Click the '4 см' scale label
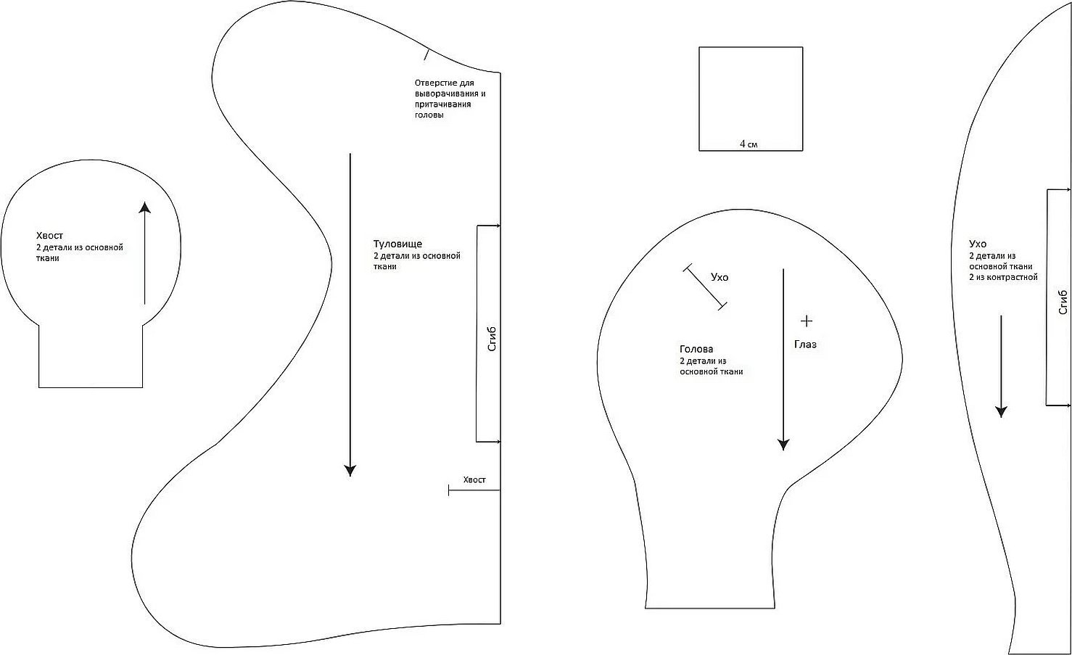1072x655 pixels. (749, 144)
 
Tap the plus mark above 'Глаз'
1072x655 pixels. (807, 321)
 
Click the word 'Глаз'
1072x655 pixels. (805, 345)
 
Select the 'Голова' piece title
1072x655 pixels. (696, 350)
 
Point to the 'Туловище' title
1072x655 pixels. (397, 244)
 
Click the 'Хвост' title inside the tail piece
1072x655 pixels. (49, 236)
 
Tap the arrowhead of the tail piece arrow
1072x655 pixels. (144, 207)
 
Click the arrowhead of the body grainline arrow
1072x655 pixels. (350, 470)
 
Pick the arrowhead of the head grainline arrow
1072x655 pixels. (783, 445)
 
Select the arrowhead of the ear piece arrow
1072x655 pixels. (1001, 411)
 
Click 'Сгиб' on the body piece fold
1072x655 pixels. (492, 339)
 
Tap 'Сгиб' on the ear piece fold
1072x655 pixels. (1063, 302)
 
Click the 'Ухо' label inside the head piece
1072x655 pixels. (720, 278)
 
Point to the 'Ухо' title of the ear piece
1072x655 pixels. (978, 244)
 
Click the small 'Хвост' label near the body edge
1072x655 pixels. (474, 480)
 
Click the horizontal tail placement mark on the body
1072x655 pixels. (474, 490)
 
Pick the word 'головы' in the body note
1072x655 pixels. (429, 115)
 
